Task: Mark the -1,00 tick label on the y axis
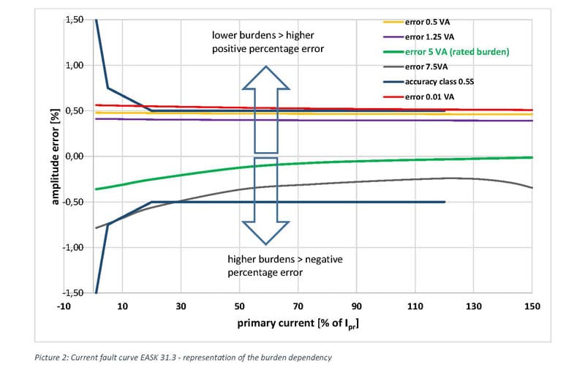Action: point(75,248)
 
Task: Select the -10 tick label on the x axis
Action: point(64,306)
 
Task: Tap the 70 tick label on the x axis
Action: point(298,306)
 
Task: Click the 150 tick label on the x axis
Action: point(532,306)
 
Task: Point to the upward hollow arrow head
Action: point(266,77)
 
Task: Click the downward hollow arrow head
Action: point(266,232)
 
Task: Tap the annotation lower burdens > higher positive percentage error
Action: point(268,42)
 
